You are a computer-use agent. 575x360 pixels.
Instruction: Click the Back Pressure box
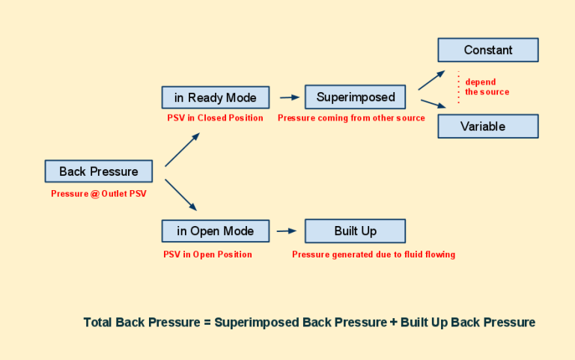point(98,171)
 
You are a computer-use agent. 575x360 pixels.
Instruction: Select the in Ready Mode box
point(215,97)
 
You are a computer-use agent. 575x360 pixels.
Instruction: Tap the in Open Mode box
point(215,231)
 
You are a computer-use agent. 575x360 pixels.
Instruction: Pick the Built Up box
point(355,231)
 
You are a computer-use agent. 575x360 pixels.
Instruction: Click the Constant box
point(487,50)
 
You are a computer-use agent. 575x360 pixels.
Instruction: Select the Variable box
point(487,126)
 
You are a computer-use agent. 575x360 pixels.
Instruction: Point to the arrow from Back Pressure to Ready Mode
point(182,150)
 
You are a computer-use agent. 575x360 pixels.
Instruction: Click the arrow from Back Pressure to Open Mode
point(181,194)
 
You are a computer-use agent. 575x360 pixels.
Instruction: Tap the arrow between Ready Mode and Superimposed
point(289,97)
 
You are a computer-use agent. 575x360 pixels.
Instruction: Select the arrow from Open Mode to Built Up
point(287,231)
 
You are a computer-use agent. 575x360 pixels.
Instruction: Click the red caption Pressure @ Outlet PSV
point(99,193)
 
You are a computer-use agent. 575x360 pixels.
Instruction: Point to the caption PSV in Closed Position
point(215,118)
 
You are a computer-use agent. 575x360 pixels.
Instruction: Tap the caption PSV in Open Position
point(207,254)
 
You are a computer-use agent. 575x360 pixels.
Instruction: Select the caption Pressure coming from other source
point(351,118)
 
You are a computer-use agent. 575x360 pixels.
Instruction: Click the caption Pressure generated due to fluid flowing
point(373,254)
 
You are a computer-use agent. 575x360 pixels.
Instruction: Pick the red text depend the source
point(486,87)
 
